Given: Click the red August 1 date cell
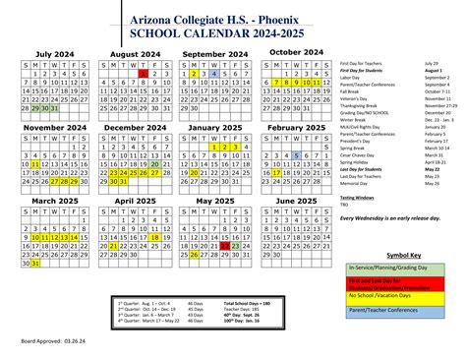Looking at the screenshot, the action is click(144, 73).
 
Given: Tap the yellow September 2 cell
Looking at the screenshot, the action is click(194, 73).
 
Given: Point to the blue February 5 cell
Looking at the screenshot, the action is click(297, 154).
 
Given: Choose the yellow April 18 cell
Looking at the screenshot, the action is click(155, 236).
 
